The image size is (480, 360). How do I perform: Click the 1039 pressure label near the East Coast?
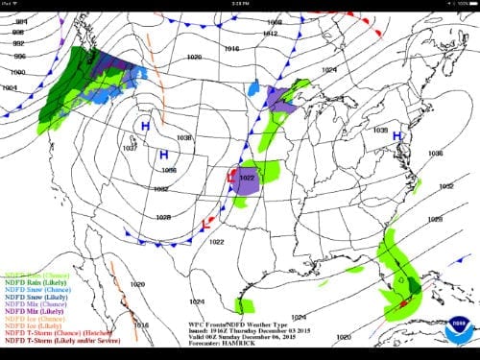tap(380, 130)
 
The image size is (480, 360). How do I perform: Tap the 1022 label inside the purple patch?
tap(246, 178)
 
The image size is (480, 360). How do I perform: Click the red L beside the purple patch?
tap(229, 177)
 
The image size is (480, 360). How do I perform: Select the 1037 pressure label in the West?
tap(130, 148)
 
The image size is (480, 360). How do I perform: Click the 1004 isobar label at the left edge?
tap(11, 86)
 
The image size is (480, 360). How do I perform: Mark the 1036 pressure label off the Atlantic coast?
tap(435, 153)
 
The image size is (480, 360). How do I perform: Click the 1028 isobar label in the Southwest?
tap(163, 217)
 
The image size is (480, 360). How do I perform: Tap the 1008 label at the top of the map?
tap(275, 21)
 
